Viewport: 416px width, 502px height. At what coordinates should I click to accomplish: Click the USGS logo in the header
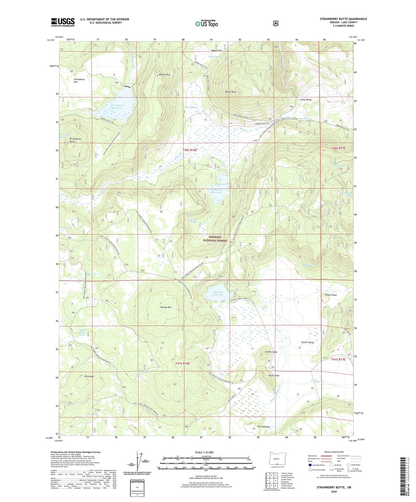point(63,22)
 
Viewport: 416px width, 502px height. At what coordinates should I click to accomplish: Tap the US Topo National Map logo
point(206,24)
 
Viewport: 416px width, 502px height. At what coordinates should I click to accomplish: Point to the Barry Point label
point(231,92)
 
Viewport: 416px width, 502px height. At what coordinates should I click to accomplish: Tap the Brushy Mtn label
point(166,307)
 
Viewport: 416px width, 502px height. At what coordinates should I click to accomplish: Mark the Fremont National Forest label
point(215,239)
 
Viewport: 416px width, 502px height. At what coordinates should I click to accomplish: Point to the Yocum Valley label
point(307,342)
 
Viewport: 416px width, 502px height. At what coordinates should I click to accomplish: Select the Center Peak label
point(271,352)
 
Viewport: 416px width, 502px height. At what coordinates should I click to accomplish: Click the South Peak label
point(274,375)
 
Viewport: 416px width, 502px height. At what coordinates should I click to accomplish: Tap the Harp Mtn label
point(89,376)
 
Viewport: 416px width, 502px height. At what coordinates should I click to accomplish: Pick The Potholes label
point(263,427)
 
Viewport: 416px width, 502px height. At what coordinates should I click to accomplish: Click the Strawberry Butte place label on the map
point(75,140)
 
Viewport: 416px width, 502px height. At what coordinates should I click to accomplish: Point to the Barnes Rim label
point(164,75)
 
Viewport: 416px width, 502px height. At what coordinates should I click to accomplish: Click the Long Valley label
point(306,99)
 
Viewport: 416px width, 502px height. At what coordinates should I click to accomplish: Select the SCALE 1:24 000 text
point(204,452)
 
